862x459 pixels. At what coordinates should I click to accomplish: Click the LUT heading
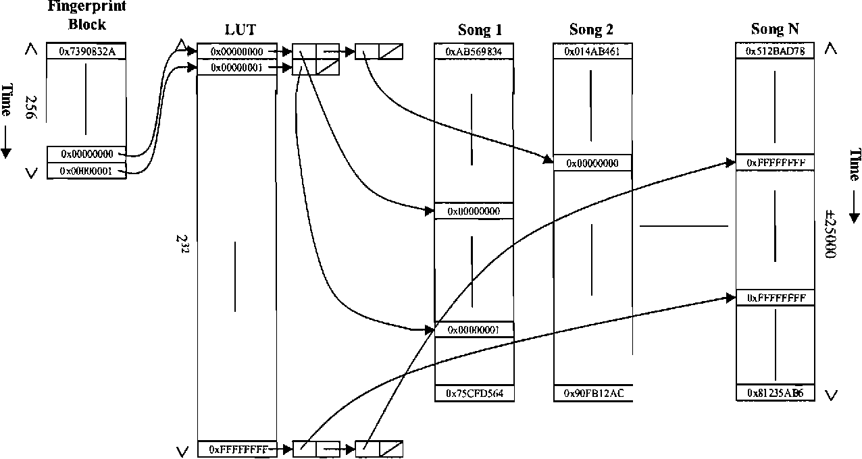[x=240, y=30]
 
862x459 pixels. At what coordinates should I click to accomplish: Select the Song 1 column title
[x=480, y=30]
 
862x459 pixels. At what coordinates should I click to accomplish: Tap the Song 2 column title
[x=591, y=30]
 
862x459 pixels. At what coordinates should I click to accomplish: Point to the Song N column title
[x=774, y=30]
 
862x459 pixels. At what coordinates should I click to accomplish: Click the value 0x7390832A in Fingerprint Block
[x=86, y=51]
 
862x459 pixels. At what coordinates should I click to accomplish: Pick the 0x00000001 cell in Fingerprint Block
[x=86, y=171]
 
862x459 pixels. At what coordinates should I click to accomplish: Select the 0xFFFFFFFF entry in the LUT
[x=237, y=448]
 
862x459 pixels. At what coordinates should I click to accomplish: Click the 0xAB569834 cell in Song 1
[x=474, y=51]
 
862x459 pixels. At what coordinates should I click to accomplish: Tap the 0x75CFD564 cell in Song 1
[x=474, y=393]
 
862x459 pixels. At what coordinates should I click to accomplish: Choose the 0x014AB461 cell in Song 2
[x=592, y=51]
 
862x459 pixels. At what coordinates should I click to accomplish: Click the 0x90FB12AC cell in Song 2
[x=592, y=393]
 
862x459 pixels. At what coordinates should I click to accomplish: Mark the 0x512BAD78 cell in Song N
[x=774, y=51]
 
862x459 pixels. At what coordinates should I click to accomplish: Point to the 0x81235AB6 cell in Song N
[x=774, y=393]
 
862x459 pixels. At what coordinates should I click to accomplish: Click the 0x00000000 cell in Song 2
[x=592, y=163]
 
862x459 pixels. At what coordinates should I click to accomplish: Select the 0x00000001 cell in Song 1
[x=474, y=329]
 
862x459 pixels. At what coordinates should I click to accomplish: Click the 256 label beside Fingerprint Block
[x=30, y=106]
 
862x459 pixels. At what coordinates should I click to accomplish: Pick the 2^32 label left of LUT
[x=181, y=244]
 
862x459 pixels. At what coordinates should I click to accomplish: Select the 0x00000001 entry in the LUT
[x=237, y=67]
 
